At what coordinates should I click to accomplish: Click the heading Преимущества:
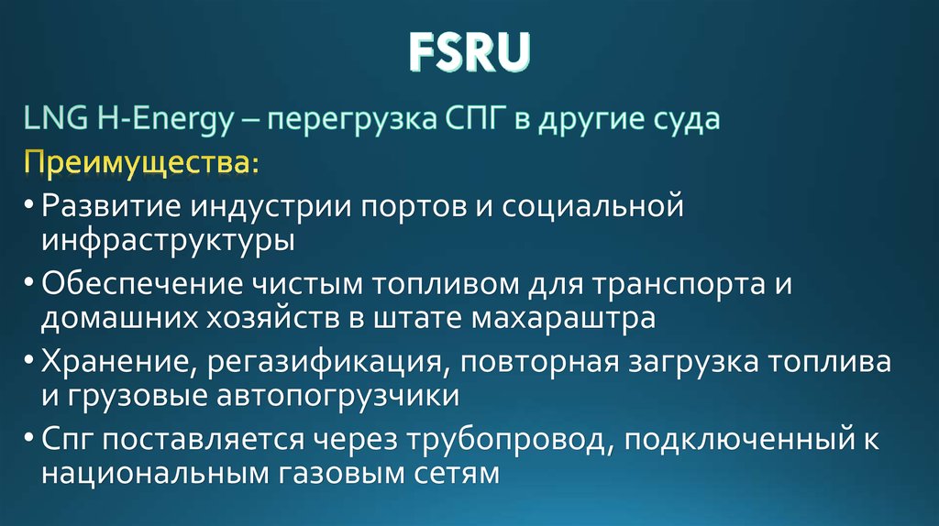tap(141, 166)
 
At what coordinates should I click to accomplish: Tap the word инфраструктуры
tap(168, 241)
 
